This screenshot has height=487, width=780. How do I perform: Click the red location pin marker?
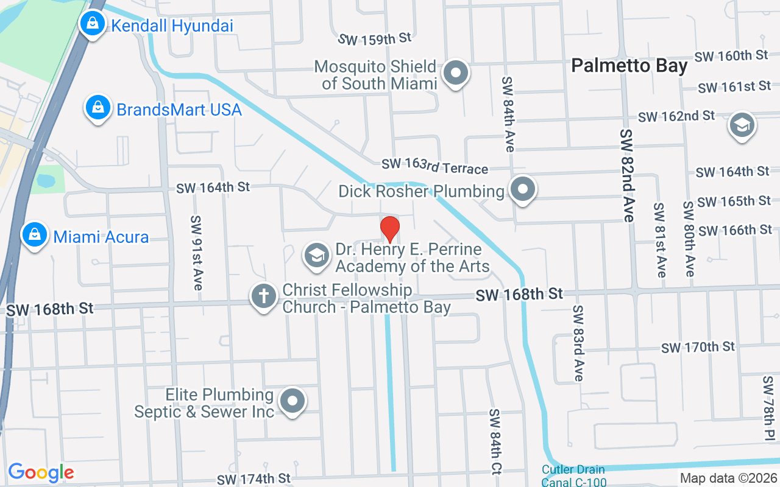pos(390,229)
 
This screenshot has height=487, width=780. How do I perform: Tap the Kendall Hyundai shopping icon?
pos(92,24)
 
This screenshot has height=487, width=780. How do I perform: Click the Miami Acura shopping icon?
pos(35,235)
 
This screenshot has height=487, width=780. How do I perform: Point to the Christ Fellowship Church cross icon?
pos(264,297)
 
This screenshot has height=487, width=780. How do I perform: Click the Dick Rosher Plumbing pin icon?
pos(522,189)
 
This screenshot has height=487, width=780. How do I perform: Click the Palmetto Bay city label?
pos(629,66)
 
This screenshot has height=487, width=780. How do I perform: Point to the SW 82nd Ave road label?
pos(626,175)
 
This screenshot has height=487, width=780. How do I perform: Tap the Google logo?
pos(41,472)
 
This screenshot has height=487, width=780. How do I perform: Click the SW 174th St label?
pos(255,478)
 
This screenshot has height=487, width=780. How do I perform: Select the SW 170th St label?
pos(698,348)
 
